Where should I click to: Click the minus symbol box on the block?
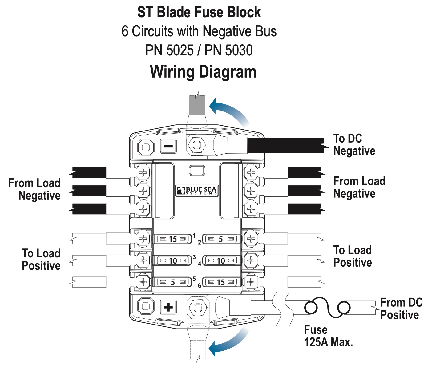(x=168, y=147)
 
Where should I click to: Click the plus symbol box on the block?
(x=168, y=307)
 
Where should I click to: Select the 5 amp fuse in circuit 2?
(x=221, y=239)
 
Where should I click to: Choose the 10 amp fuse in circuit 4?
(x=221, y=261)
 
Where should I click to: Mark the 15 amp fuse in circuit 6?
(x=221, y=282)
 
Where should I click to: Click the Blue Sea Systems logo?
(x=197, y=191)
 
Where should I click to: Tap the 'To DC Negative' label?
(x=354, y=145)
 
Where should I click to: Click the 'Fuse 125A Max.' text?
(x=328, y=336)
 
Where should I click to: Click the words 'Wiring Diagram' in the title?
(x=203, y=72)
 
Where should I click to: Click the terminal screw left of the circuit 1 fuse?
(x=143, y=239)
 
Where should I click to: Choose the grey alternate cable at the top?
(x=197, y=105)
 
